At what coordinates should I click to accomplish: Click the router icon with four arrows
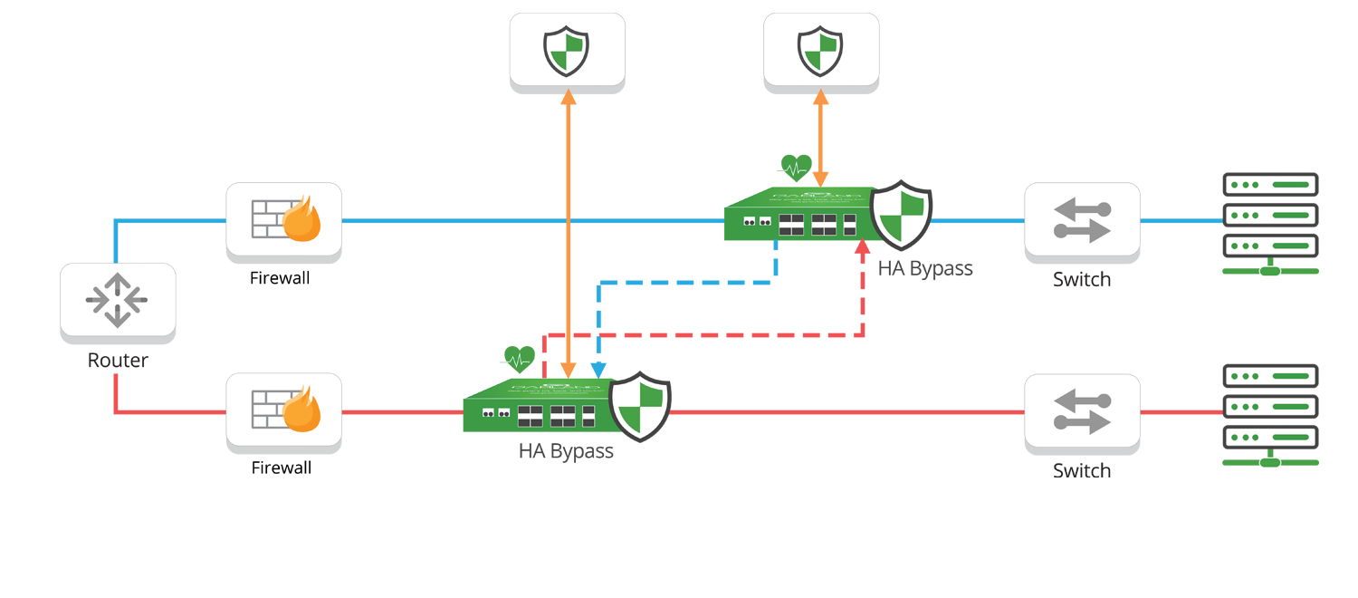point(117,300)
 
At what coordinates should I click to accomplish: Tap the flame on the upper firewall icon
point(301,220)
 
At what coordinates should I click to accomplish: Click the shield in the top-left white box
point(567,50)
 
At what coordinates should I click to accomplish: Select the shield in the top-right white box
point(820,50)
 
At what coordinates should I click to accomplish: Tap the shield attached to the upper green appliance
point(901,216)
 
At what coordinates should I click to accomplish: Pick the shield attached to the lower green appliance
point(639,407)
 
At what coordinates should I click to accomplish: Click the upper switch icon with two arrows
point(1082,219)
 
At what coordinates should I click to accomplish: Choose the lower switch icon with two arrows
point(1082,410)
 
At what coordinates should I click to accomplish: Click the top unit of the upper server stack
point(1270,185)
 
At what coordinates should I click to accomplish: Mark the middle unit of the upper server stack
point(1270,216)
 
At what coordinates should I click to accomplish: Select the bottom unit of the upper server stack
point(1270,246)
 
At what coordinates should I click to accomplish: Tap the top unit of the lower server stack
point(1270,376)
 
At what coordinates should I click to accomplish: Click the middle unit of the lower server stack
point(1270,407)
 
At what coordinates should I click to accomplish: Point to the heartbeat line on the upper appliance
point(794,169)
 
